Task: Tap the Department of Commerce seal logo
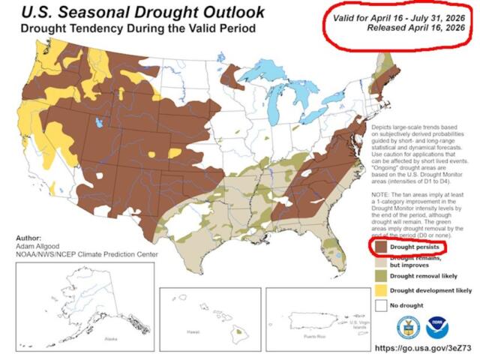tap(409, 328)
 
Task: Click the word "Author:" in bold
tap(28, 237)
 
